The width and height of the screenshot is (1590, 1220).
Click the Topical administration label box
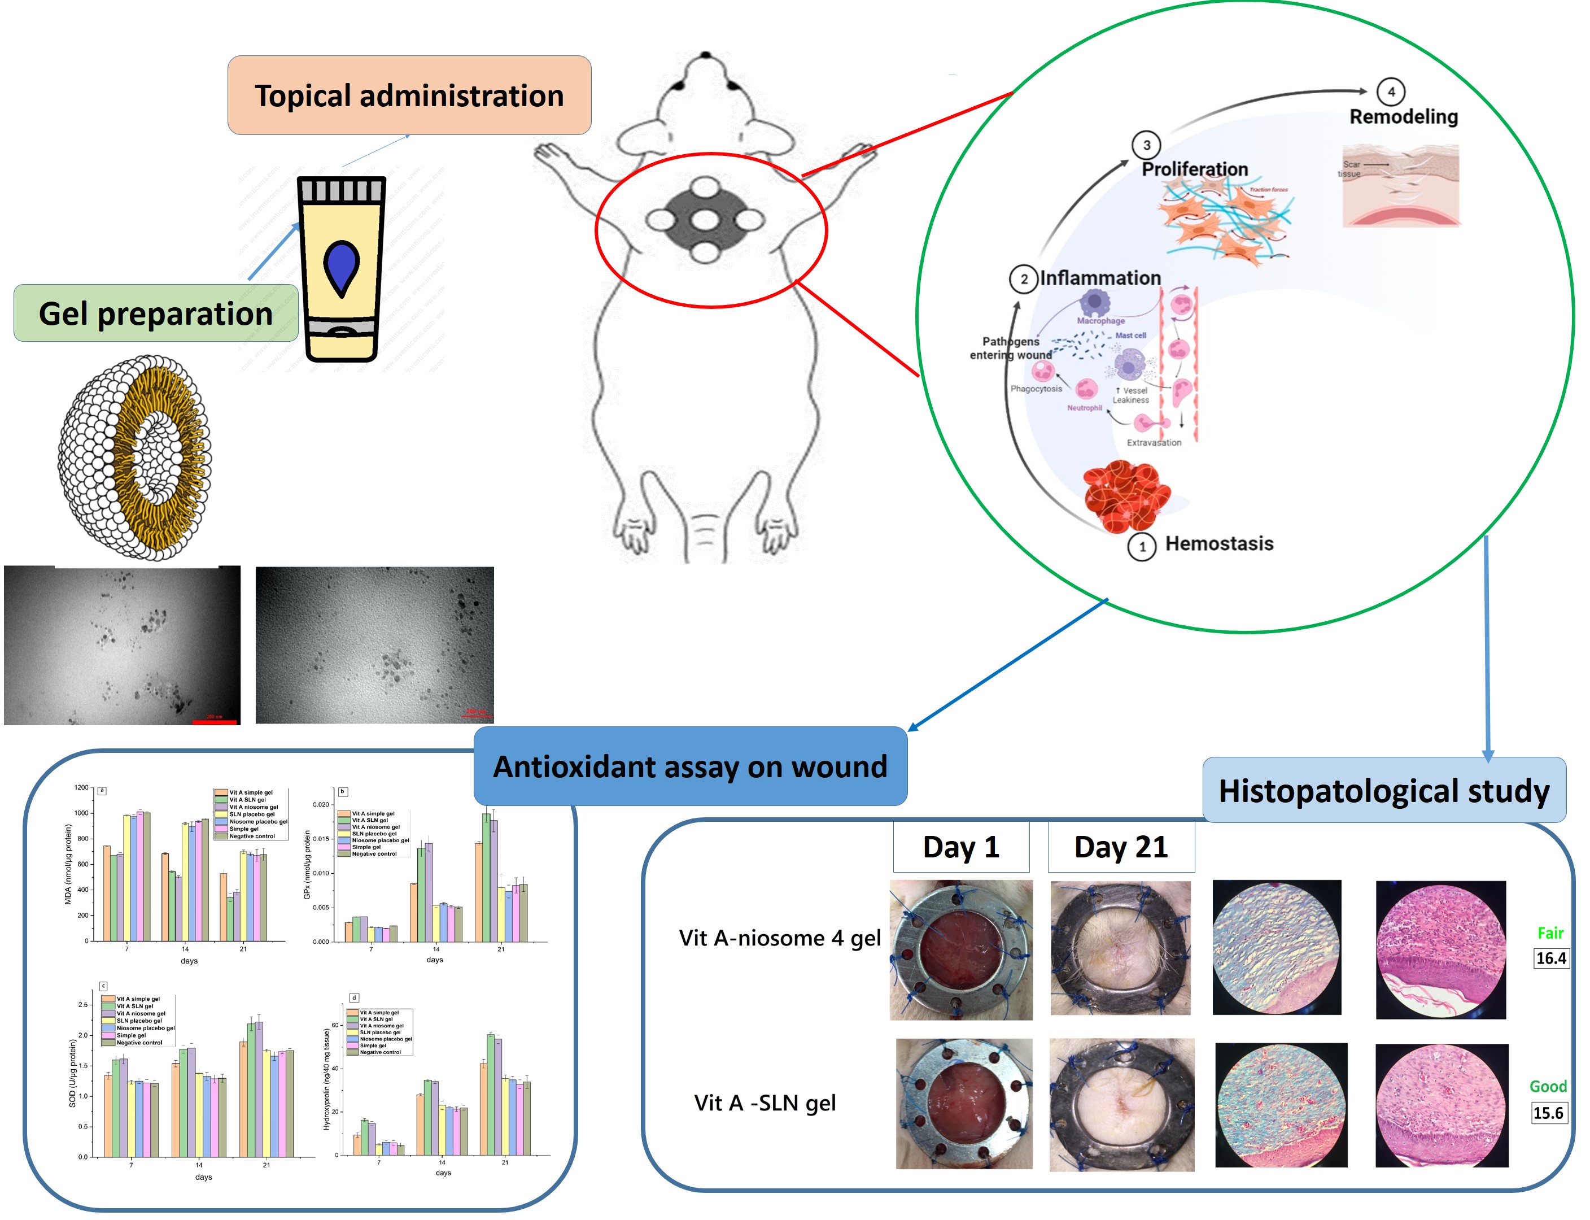click(409, 95)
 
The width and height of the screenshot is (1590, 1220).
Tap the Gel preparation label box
click(155, 313)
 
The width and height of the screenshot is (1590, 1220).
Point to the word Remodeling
click(1403, 116)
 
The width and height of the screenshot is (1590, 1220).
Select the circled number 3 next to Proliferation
click(1146, 145)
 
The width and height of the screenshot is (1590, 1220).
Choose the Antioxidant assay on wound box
click(690, 766)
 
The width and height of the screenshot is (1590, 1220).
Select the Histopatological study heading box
click(1383, 790)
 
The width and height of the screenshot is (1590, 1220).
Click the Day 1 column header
click(960, 847)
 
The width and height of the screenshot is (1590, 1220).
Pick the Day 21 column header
click(1120, 847)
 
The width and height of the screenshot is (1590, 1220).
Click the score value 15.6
click(1547, 1113)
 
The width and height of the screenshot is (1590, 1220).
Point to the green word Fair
click(1549, 933)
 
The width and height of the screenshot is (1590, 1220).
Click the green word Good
click(1547, 1086)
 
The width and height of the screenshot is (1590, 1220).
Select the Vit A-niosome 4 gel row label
click(779, 938)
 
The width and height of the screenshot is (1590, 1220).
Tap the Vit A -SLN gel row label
click(765, 1103)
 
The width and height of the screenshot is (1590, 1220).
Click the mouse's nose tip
click(705, 54)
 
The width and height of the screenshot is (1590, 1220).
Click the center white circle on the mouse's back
click(704, 219)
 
